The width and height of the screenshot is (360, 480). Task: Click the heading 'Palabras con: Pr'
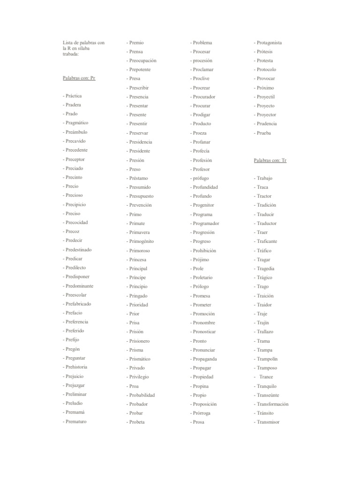coord(79,78)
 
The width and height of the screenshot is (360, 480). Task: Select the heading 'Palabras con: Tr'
coord(270,160)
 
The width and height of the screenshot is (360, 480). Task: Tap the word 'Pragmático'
coord(77,123)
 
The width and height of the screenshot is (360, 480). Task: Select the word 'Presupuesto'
coord(141,196)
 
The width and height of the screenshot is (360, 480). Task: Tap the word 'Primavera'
coord(140,232)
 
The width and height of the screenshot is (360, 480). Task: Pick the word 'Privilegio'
coord(139,377)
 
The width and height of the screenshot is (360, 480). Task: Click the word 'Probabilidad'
coord(142,395)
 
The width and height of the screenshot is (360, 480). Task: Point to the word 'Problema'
coord(202,43)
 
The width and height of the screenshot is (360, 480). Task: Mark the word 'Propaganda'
coord(205,359)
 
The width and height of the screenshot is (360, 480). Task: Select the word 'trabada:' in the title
coord(71,54)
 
